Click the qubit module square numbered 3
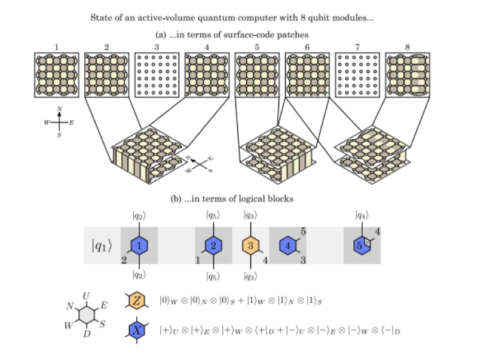pyautogui.click(x=157, y=75)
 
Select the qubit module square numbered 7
pyautogui.click(x=357, y=75)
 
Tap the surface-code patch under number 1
pyautogui.click(x=57, y=75)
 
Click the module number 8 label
pyautogui.click(x=408, y=46)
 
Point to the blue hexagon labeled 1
pyautogui.click(x=139, y=245)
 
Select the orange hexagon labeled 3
pyautogui.click(x=251, y=245)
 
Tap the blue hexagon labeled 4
pyautogui.click(x=288, y=245)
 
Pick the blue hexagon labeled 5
pyautogui.click(x=362, y=245)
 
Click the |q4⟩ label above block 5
pyautogui.click(x=362, y=215)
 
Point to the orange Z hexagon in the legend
pyautogui.click(x=136, y=302)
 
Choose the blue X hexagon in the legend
pyautogui.click(x=136, y=330)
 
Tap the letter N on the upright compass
pyautogui.click(x=59, y=108)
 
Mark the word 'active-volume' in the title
pyautogui.click(x=150, y=18)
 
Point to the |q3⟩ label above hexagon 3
pyautogui.click(x=251, y=215)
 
